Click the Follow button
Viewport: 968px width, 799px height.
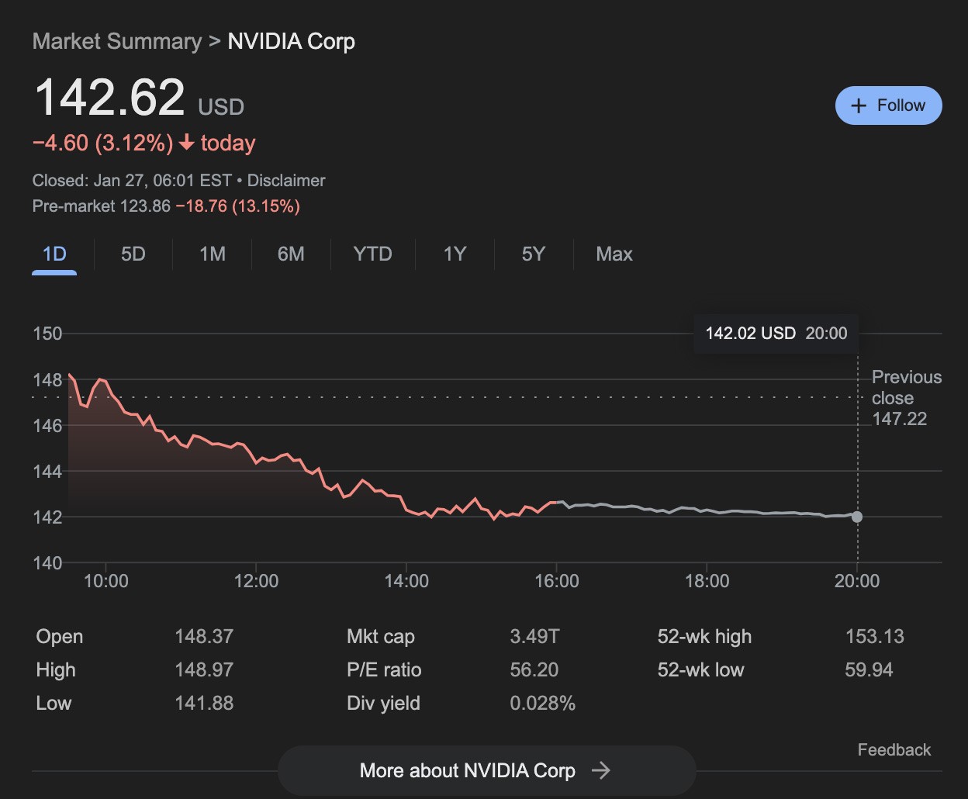(x=888, y=105)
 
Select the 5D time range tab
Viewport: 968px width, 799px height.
(x=133, y=254)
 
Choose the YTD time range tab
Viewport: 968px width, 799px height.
(x=372, y=254)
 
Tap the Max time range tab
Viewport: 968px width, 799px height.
(x=614, y=254)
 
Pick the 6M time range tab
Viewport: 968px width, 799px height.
(x=291, y=254)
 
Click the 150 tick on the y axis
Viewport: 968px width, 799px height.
(x=47, y=334)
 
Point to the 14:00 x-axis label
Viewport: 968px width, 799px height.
(x=406, y=581)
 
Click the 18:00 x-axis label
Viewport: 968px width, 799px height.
(x=707, y=581)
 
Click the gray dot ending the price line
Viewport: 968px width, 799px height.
(x=856, y=517)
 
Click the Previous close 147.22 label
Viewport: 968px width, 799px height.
(x=906, y=398)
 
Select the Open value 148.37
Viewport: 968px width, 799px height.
(x=204, y=637)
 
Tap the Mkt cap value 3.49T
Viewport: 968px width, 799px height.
(x=534, y=637)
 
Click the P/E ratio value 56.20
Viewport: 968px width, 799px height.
(x=534, y=670)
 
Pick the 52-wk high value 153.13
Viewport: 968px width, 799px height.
(x=874, y=637)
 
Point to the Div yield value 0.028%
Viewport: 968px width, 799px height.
(x=542, y=704)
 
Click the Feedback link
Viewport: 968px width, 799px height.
(x=894, y=750)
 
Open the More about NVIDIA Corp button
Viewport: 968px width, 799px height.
(x=486, y=770)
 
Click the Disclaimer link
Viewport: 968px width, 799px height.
(x=286, y=181)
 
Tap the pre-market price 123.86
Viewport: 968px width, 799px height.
(x=145, y=206)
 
